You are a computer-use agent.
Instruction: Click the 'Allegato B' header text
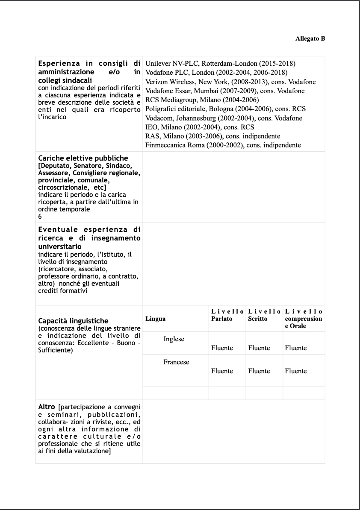310,39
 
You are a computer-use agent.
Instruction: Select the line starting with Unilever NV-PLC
220,64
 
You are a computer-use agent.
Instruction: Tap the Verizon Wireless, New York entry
230,82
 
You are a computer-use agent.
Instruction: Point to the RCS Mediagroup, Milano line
202,100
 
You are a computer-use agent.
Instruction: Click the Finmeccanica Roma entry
223,145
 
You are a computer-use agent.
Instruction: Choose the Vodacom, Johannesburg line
224,118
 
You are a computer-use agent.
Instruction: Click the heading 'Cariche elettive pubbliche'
83,158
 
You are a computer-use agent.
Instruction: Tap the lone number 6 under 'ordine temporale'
40,217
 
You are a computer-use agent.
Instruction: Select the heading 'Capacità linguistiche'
73,321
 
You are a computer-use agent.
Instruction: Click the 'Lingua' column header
155,319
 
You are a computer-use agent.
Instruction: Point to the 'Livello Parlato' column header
227,315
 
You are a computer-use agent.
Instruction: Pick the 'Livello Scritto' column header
264,315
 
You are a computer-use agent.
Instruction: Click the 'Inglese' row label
174,339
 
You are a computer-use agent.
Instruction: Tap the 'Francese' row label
176,362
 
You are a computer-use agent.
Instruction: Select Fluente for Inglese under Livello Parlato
222,348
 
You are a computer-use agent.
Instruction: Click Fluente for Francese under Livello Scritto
259,371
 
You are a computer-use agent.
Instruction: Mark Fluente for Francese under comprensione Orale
295,371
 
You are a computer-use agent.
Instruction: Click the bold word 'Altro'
47,407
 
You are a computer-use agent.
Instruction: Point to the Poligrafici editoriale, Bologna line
225,109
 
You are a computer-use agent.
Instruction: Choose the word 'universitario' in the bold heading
60,247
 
